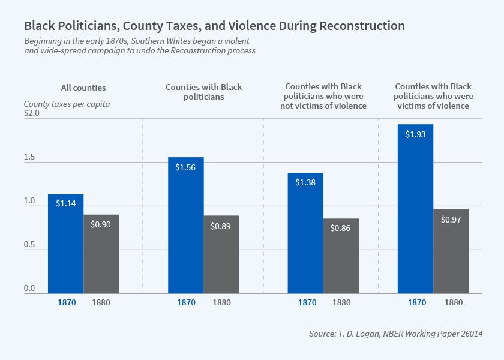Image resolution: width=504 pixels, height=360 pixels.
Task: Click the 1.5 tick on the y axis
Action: click(29, 158)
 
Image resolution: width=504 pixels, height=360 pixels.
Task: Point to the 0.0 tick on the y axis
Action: click(29, 289)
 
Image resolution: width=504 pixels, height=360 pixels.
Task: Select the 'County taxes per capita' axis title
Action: click(67, 104)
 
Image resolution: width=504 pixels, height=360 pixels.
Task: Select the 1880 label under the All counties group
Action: click(101, 302)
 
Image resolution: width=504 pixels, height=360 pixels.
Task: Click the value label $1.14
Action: click(65, 204)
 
